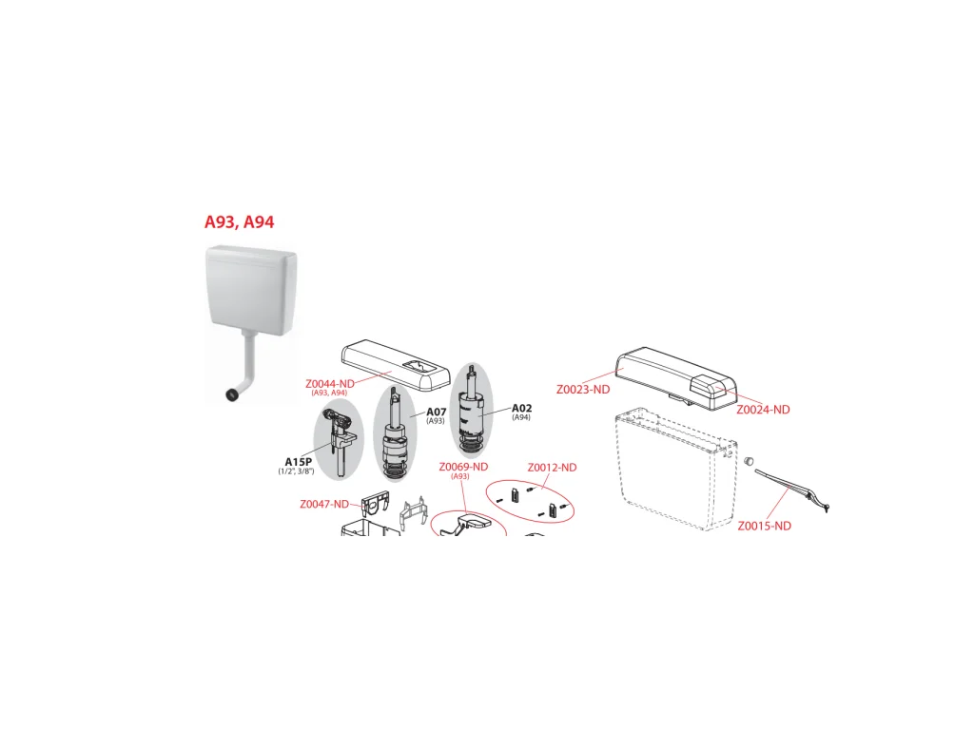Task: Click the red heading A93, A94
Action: click(239, 221)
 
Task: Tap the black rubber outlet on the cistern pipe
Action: click(232, 394)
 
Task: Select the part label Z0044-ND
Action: click(330, 384)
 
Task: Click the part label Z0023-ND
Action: click(583, 389)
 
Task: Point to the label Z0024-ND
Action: click(763, 409)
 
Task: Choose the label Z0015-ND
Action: click(764, 526)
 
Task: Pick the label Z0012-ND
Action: click(552, 468)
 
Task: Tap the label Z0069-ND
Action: click(463, 466)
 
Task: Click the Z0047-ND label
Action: click(324, 504)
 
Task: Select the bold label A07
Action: click(436, 412)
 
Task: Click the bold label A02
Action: click(522, 408)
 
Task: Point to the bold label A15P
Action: click(298, 461)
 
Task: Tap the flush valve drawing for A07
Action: click(395, 432)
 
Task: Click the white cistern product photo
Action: click(251, 323)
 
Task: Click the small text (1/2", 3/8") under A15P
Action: click(297, 471)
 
